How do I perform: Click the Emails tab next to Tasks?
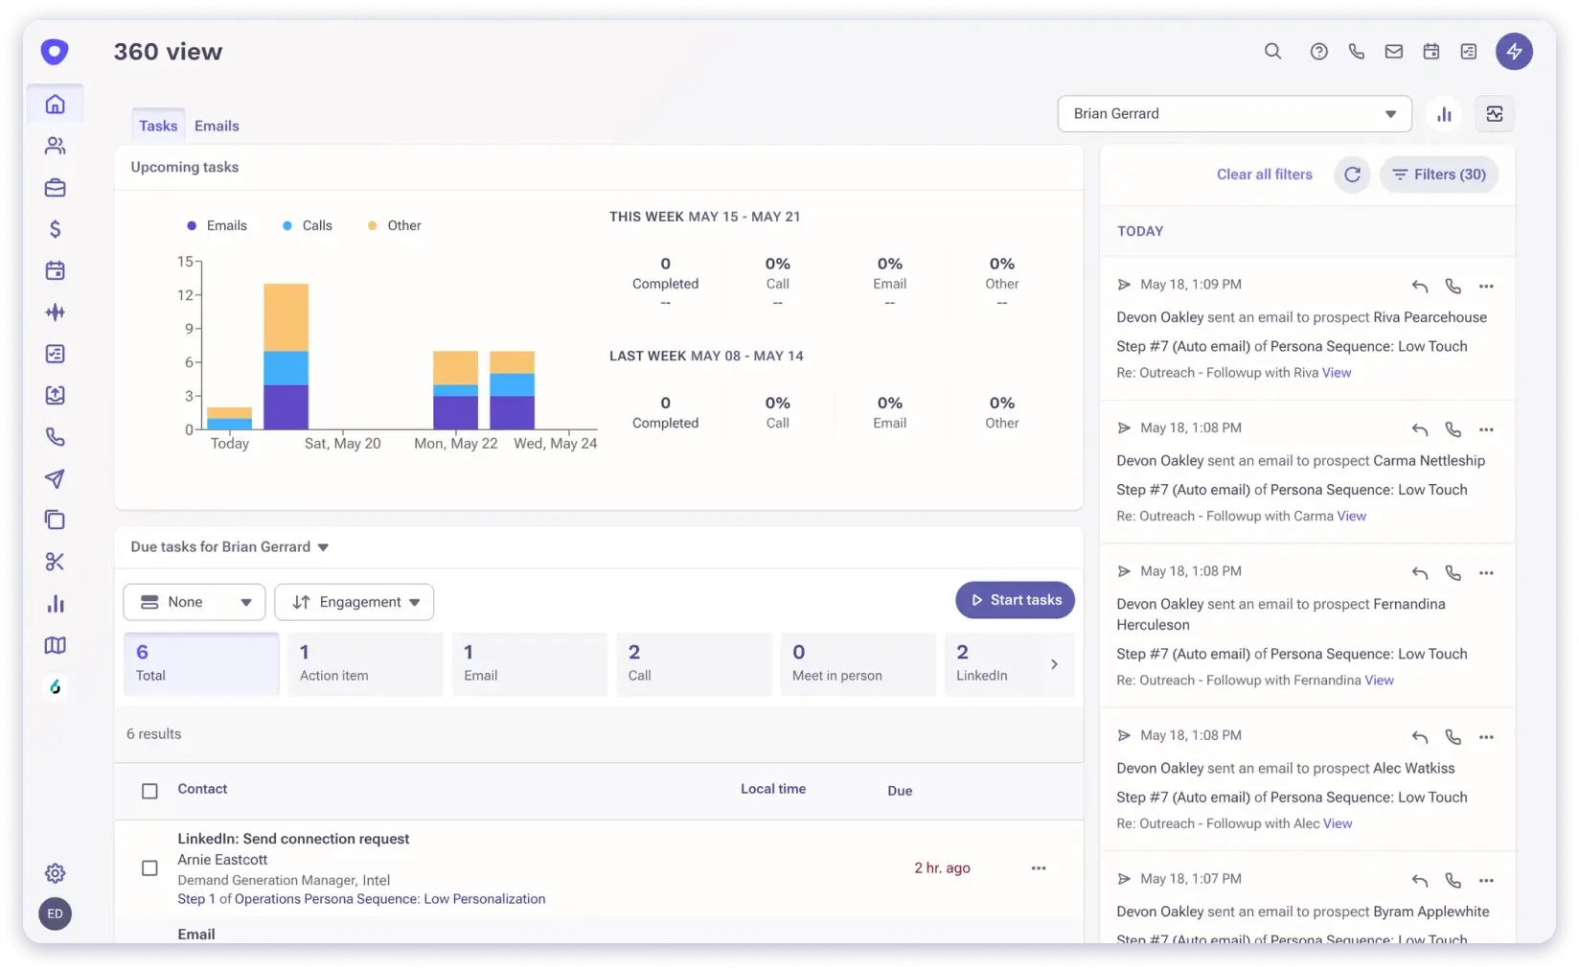217,126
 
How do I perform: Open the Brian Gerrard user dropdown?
1234,114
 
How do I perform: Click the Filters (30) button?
1439,174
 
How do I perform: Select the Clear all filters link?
1264,174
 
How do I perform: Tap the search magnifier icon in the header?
1272,52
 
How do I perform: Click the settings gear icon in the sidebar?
56,873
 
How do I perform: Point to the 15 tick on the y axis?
185,261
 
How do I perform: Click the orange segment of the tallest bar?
286,316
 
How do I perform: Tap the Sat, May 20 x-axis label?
342,443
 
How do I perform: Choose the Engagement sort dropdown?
355,602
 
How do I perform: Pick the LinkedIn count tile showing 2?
996,663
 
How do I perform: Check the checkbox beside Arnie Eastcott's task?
149,868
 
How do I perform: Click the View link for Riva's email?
1337,373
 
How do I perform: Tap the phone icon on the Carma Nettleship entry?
1453,429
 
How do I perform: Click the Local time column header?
773,789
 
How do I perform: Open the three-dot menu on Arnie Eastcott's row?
1039,868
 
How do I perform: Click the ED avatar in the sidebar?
56,913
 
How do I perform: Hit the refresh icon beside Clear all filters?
1352,174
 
